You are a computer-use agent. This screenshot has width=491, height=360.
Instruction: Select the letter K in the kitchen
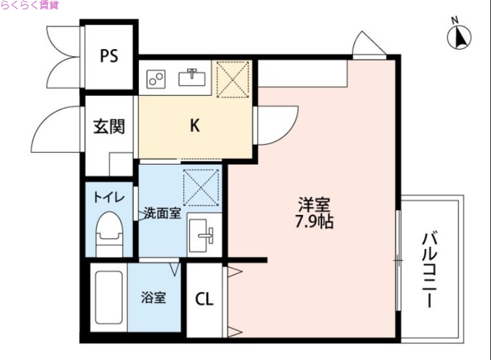(194, 126)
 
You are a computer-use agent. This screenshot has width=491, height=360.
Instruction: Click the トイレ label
(109, 198)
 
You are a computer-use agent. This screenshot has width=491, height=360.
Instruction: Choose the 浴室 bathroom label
(153, 299)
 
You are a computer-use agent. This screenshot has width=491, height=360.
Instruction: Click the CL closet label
(204, 300)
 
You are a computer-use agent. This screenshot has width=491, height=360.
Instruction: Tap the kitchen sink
(192, 77)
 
